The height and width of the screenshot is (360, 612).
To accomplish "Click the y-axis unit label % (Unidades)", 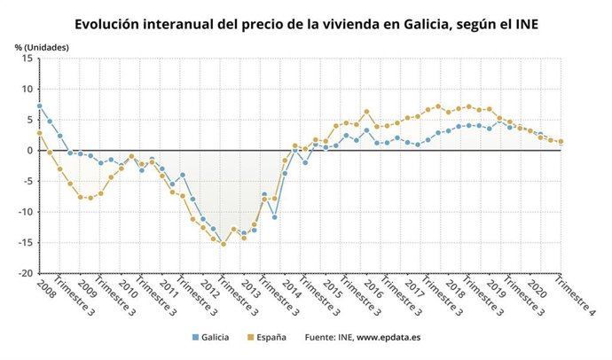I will tap(41, 46).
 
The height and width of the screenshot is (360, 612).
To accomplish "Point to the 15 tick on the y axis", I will tap(28, 59).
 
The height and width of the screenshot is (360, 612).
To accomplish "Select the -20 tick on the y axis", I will tap(26, 274).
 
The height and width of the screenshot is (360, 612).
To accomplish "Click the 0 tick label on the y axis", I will tap(31, 151).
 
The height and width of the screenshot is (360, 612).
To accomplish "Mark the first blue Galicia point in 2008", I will tap(39, 106).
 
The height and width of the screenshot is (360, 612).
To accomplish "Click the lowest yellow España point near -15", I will tap(223, 244).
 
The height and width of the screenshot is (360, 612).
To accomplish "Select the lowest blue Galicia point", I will tap(244, 233).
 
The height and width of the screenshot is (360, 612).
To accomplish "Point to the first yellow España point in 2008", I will tap(39, 133).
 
